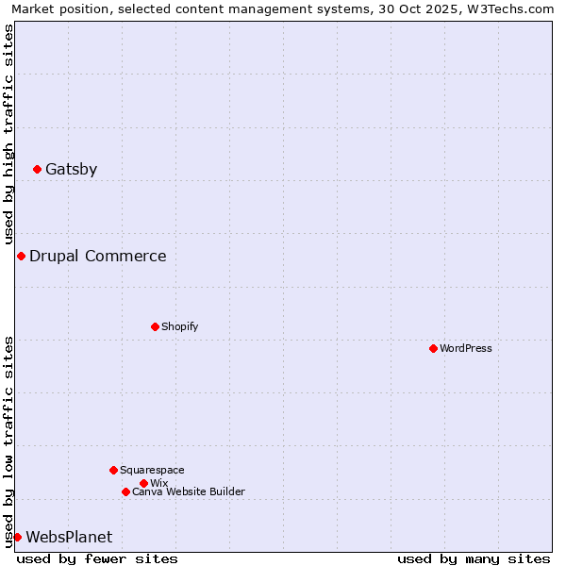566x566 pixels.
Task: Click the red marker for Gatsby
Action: point(37,170)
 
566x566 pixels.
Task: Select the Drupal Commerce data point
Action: point(21,257)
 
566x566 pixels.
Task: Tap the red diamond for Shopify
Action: point(155,327)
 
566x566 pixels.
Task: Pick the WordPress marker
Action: point(433,349)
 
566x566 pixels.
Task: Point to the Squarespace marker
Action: point(113,470)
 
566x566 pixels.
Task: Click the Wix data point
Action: point(143,483)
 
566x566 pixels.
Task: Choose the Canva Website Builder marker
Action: point(125,492)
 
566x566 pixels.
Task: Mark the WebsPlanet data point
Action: point(17,538)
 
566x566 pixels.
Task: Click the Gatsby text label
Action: point(71,170)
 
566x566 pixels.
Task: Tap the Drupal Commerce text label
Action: point(97,257)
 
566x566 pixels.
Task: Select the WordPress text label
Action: point(466,349)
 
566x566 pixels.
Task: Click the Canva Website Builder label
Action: point(189,492)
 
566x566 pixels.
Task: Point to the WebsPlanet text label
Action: point(69,538)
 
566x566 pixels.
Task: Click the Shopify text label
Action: point(180,327)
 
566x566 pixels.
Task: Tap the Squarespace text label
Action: point(152,470)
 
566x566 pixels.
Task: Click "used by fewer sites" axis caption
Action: point(97,558)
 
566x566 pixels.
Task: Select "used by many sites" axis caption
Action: point(474,558)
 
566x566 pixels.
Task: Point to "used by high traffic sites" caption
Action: point(8,135)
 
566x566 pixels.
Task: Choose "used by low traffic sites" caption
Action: point(8,441)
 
